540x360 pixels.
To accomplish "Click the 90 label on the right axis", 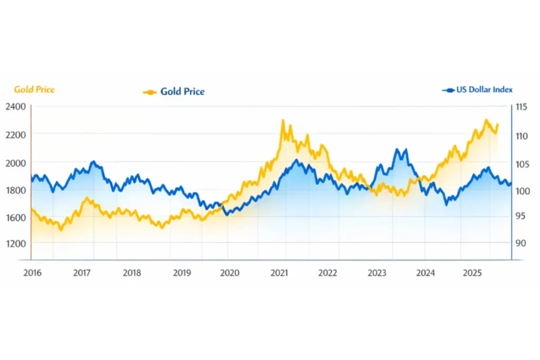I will (x=520, y=243).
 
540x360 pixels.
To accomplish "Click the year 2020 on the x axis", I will (x=229, y=273).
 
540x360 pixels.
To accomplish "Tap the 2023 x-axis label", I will (x=377, y=273).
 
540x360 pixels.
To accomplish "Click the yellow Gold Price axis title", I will (x=34, y=90).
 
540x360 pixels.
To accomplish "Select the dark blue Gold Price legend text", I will (x=182, y=92).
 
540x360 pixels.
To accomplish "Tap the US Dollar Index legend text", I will (x=484, y=90).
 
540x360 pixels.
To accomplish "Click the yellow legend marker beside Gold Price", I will (x=150, y=92).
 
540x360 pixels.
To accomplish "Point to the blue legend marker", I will (x=448, y=90).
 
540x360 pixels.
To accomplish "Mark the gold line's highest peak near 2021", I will (x=283, y=120).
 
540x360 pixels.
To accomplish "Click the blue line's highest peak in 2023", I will (x=397, y=149).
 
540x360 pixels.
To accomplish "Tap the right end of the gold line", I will (x=497, y=124).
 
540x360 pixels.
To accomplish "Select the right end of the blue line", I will (x=511, y=183).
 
